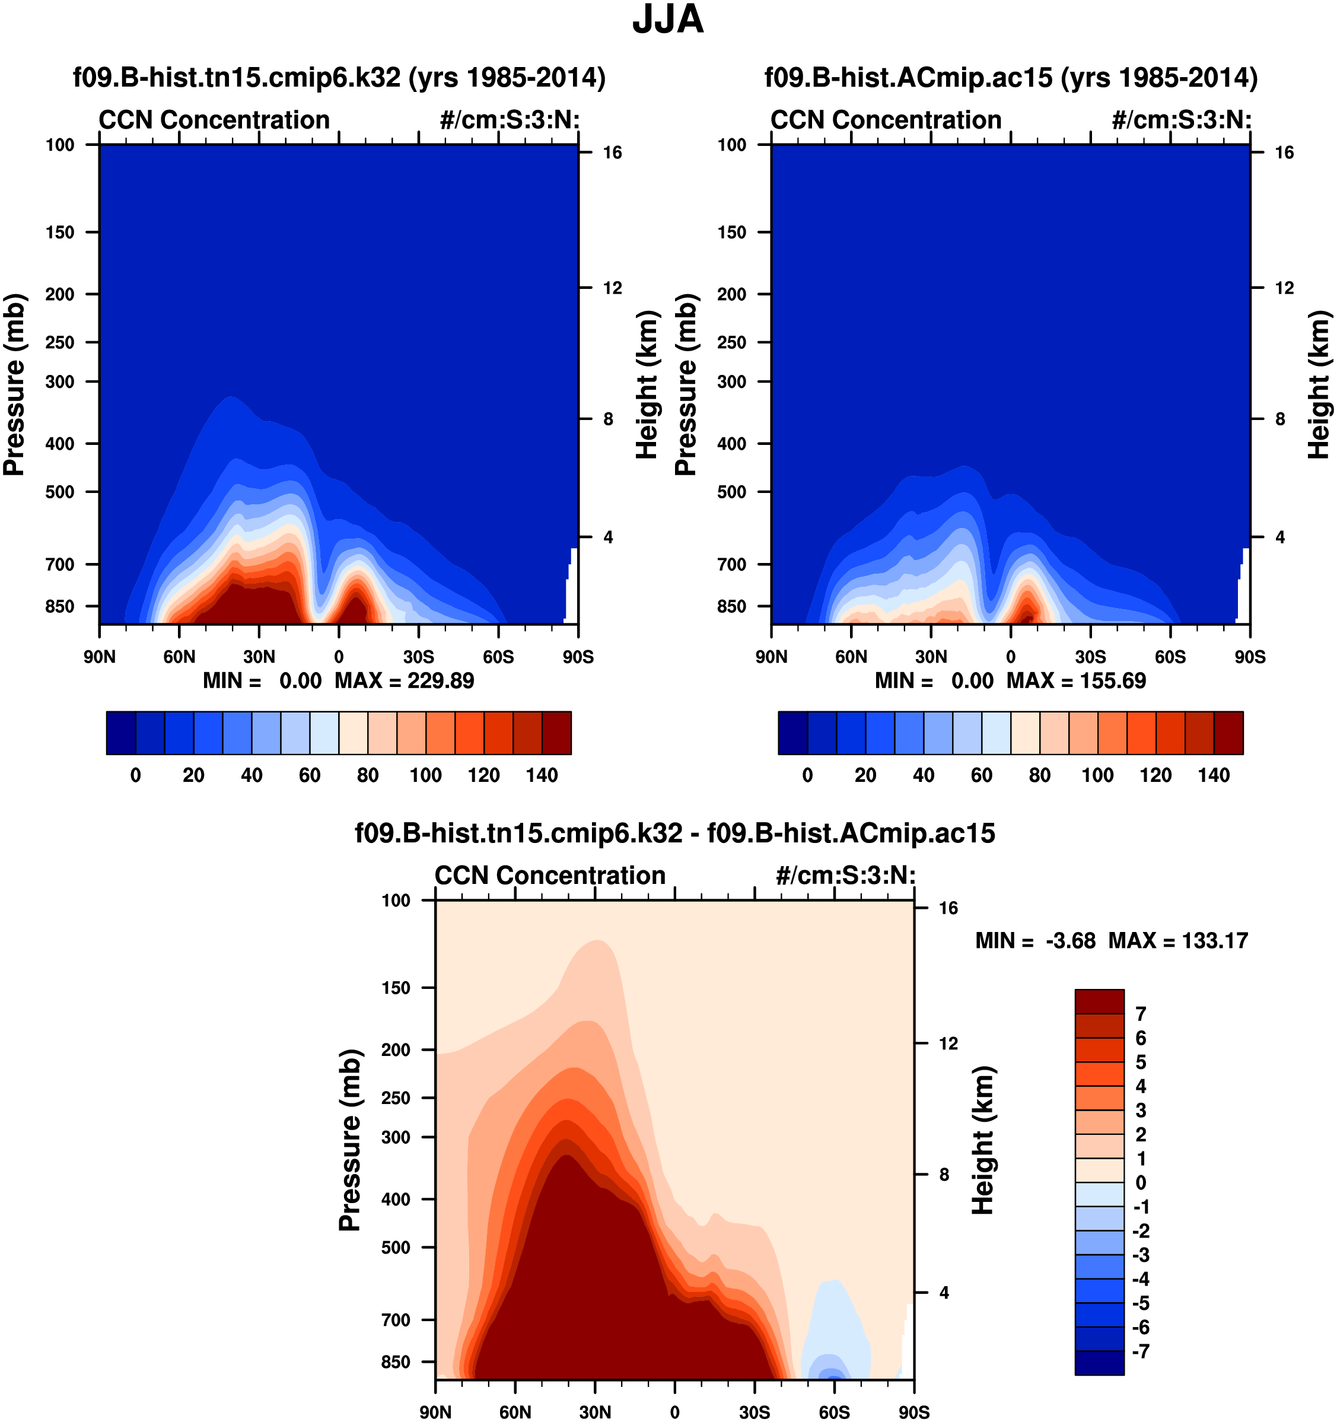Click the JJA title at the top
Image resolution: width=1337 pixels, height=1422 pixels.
(667, 20)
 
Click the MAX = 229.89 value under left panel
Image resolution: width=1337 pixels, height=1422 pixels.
(404, 680)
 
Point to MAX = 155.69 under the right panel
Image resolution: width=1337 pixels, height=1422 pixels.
(1076, 680)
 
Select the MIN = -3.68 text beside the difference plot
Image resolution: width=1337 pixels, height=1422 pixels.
(1035, 941)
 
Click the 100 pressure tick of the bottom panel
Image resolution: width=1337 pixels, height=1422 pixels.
(396, 901)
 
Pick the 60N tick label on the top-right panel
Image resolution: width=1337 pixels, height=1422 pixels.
(851, 657)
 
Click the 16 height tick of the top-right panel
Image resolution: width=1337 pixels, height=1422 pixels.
(1284, 152)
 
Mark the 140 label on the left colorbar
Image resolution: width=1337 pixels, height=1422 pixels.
(542, 775)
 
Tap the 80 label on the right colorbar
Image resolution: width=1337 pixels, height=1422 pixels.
(1039, 775)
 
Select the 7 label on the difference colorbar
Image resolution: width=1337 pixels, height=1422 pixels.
(1140, 1014)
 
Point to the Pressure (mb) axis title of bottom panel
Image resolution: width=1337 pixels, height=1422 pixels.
(350, 1140)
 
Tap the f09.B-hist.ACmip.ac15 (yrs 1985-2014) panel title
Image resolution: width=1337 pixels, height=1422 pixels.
(1011, 77)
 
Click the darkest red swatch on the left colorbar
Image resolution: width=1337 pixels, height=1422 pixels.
(556, 733)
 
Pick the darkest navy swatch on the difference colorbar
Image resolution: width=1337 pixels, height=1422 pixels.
(1099, 1363)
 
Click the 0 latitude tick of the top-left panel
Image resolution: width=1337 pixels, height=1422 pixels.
(338, 657)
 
